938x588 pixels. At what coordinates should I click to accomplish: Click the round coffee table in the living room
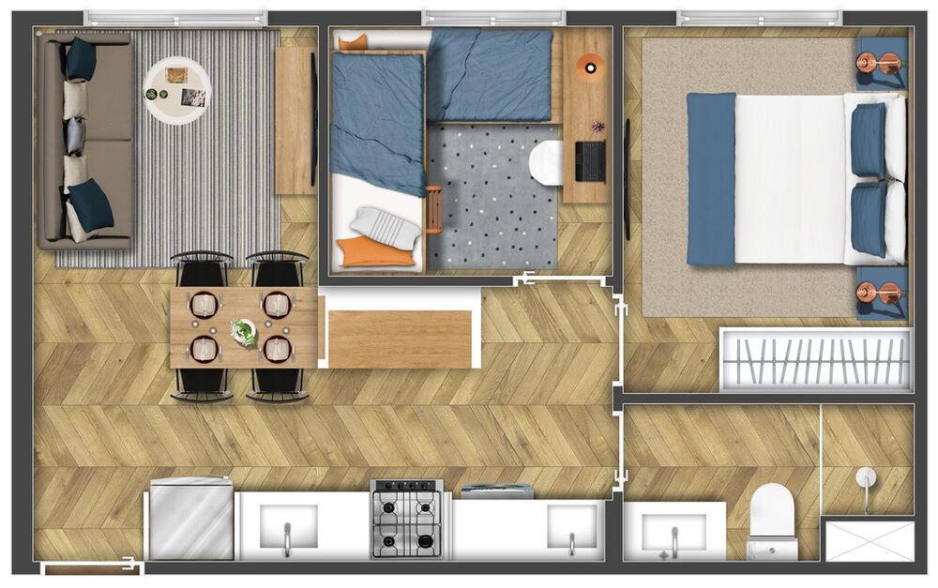click(177, 90)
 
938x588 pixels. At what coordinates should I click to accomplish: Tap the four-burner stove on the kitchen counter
click(406, 519)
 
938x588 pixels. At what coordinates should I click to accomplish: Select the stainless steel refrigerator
click(190, 519)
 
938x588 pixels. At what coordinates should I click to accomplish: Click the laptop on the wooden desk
click(590, 160)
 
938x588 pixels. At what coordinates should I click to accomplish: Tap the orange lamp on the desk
click(590, 66)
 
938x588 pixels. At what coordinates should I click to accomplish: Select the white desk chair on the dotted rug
click(545, 161)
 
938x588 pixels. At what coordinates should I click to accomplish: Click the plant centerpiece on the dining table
click(244, 330)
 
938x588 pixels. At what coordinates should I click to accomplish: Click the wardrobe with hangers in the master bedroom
click(814, 359)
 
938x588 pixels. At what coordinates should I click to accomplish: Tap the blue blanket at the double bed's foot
click(711, 178)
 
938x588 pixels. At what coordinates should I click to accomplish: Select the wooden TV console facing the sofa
click(295, 120)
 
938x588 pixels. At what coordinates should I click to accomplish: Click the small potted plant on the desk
click(598, 126)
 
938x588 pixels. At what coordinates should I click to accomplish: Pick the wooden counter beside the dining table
click(400, 339)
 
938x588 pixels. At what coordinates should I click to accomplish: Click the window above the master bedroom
click(759, 18)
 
